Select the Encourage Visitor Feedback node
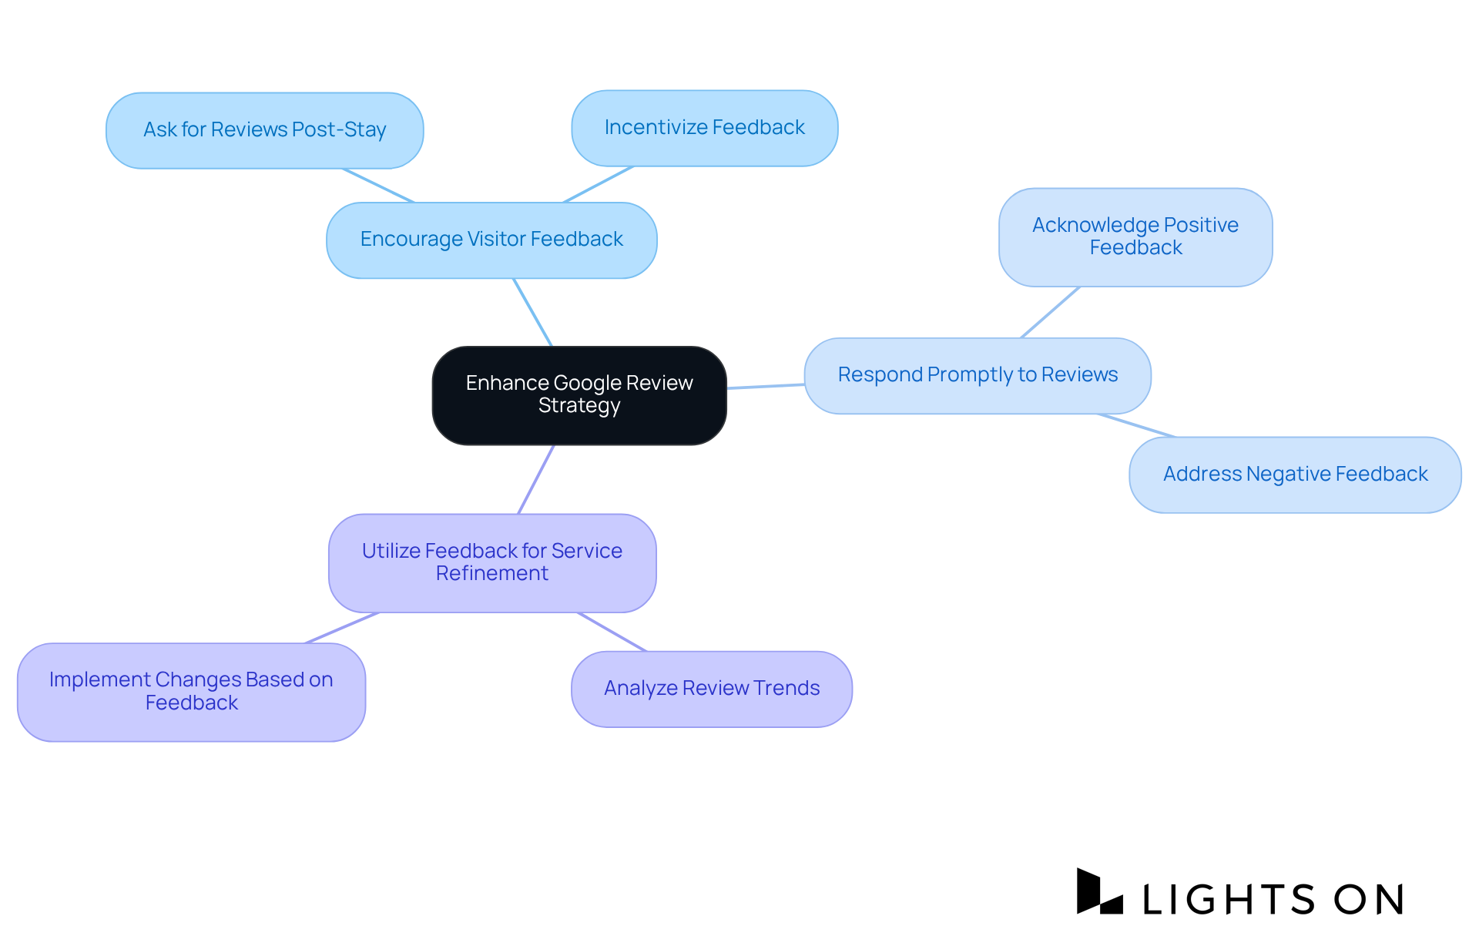(491, 240)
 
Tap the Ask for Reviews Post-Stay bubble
(264, 130)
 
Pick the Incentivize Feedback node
(704, 128)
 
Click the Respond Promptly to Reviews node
(977, 375)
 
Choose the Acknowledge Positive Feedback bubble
(1135, 237)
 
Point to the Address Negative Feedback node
(1295, 475)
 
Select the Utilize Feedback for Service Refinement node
(492, 562)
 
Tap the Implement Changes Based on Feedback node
(191, 691)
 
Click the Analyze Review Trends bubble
(711, 689)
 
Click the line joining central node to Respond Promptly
(766, 386)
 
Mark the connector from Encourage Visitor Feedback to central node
(533, 313)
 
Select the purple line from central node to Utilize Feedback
(536, 479)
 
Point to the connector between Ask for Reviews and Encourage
(378, 186)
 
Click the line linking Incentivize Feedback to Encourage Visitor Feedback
(599, 184)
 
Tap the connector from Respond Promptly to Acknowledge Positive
(1050, 312)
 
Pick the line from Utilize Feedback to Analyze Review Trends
(612, 632)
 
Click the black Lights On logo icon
(1098, 892)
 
